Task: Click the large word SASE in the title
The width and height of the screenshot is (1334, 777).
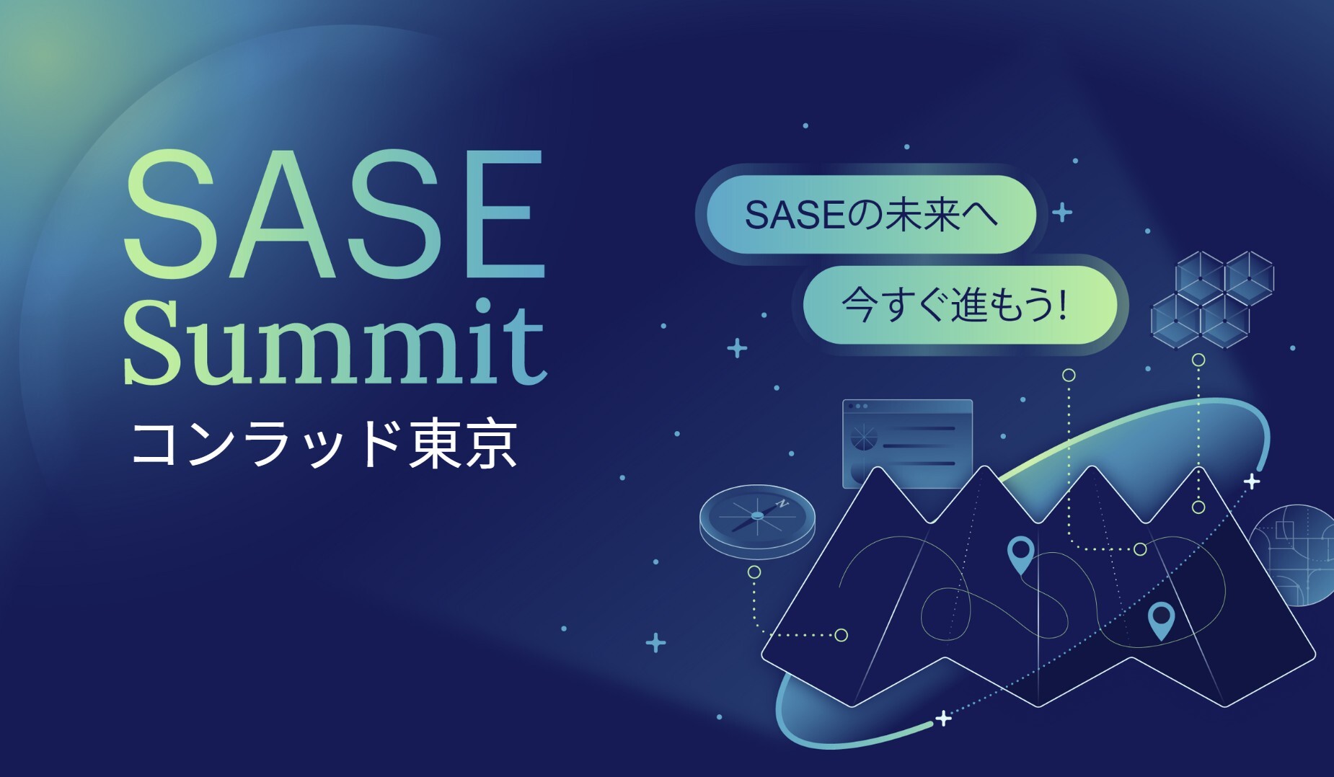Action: (334, 214)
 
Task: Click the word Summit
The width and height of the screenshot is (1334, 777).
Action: (335, 342)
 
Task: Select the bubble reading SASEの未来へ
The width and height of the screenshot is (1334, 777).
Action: (871, 214)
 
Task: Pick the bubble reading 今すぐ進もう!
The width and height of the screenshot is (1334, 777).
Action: (960, 305)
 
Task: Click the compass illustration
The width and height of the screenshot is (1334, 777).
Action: (757, 521)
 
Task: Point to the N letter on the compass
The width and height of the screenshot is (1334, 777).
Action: (782, 503)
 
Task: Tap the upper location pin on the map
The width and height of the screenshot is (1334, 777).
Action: (1020, 553)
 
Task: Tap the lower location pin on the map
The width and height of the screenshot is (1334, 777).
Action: (1161, 620)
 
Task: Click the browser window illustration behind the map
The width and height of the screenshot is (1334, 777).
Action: (907, 440)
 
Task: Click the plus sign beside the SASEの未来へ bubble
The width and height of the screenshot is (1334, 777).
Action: (1061, 213)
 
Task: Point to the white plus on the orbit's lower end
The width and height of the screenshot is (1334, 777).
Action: (943, 718)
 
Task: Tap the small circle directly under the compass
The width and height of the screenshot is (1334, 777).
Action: (754, 572)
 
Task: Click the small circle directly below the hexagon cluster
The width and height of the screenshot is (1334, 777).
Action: (1198, 360)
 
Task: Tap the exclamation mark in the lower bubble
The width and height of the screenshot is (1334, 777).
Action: (1063, 304)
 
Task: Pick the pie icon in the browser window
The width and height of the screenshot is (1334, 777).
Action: (862, 437)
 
